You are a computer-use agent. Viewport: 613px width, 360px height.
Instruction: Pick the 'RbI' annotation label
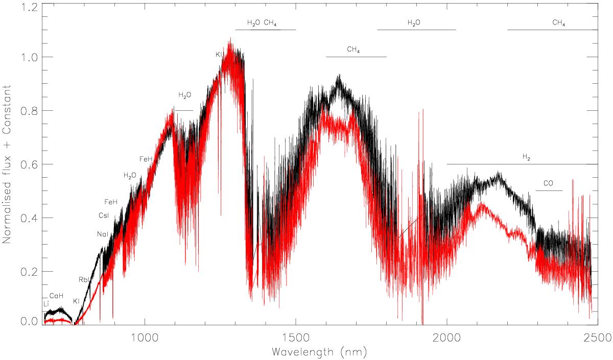84,279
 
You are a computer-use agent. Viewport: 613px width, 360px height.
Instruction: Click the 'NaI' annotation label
102,234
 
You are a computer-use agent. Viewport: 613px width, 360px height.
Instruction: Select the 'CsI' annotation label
104,216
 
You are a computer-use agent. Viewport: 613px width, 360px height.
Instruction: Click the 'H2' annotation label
526,158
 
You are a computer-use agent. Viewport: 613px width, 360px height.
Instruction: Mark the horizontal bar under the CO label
549,190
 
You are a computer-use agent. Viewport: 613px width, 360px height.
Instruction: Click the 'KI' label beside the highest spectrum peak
218,55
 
